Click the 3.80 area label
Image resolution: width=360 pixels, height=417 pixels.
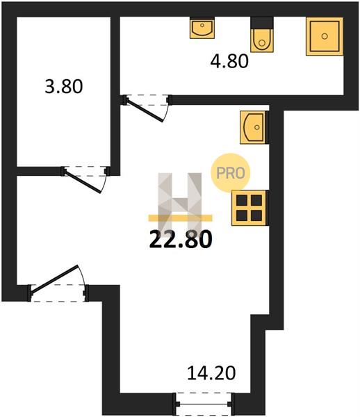click(64, 86)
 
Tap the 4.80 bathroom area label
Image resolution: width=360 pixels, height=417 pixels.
click(229, 61)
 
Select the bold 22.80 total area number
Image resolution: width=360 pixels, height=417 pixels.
click(181, 239)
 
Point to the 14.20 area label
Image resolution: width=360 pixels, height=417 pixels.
click(211, 373)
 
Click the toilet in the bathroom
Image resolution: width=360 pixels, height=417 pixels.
click(262, 40)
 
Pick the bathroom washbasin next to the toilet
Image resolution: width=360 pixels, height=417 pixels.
click(202, 28)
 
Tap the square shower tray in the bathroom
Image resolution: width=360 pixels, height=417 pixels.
click(325, 36)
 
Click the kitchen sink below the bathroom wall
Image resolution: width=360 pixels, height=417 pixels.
click(253, 127)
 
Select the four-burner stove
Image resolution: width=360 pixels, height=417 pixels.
click(249, 208)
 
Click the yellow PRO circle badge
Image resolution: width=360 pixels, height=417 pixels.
click(231, 173)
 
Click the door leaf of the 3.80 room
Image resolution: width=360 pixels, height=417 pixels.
click(83, 182)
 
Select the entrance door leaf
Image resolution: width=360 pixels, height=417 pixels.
click(54, 279)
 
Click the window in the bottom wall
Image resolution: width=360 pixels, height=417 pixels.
click(204, 404)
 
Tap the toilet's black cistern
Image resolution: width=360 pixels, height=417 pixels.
click(262, 23)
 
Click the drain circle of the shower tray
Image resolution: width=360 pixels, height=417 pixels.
click(325, 36)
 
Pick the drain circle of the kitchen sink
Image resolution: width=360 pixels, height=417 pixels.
click(257, 127)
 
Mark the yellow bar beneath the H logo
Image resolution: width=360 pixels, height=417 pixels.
click(180, 218)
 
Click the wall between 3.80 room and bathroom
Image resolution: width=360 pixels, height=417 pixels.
click(115, 96)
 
